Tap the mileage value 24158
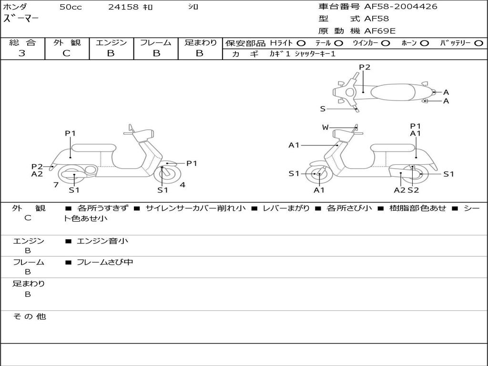pos(123,7)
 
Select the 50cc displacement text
pos(71,7)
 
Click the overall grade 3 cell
pos(22,53)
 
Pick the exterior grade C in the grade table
pos(66,53)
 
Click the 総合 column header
pos(22,43)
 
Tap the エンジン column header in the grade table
pos(111,43)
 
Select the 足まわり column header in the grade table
pos(200,43)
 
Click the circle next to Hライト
pos(301,43)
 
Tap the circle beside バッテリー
pos(478,43)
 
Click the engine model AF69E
pos(380,31)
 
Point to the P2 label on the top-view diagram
pos(365,67)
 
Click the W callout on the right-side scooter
pos(325,127)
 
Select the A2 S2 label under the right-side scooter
pos(406,190)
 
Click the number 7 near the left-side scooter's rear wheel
pos(56,184)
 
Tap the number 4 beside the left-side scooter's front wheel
pos(183,184)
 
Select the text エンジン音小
pos(102,241)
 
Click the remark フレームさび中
pos(105,262)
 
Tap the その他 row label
pos(29,316)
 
